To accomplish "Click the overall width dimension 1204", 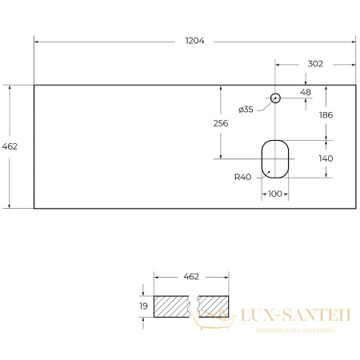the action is (194, 41).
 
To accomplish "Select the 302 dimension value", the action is (315, 64).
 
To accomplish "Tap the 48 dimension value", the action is (306, 92).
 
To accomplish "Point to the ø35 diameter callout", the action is (246, 110).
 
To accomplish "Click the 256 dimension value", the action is (221, 123).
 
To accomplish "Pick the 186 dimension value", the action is (326, 115).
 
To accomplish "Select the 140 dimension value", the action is (326, 158).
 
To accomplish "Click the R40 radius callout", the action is (242, 177).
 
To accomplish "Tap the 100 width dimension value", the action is (275, 194).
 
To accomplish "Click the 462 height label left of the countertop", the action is (10, 146).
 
